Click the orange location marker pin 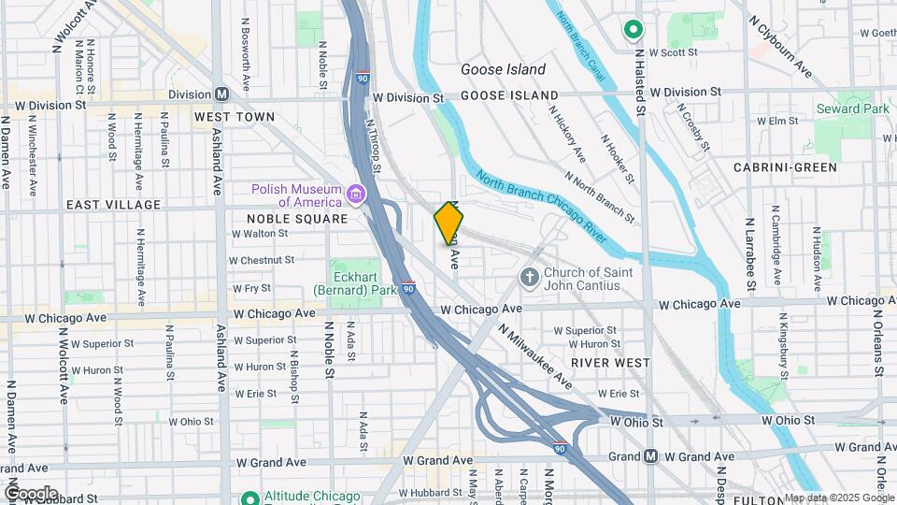coord(449,224)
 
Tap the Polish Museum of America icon coord(356,195)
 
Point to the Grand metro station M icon coord(651,456)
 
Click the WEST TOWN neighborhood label coord(234,117)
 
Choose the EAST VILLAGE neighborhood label coord(102,204)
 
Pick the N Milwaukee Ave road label coord(534,356)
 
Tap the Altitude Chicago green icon coord(249,498)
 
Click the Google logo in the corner coord(30,494)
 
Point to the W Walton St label coord(258,233)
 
